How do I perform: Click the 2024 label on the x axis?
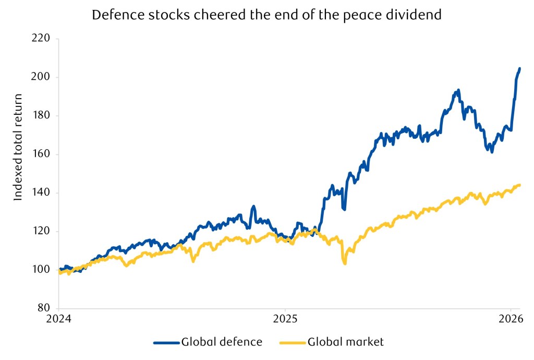[x=58, y=318]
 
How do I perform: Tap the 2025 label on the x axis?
[x=285, y=318]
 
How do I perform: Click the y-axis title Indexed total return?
[x=19, y=147]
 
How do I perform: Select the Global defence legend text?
[x=222, y=342]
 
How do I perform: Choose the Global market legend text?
[x=346, y=342]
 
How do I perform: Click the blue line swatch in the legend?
[x=166, y=343]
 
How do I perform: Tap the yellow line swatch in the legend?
[x=292, y=343]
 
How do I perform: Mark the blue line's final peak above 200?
[x=519, y=68]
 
